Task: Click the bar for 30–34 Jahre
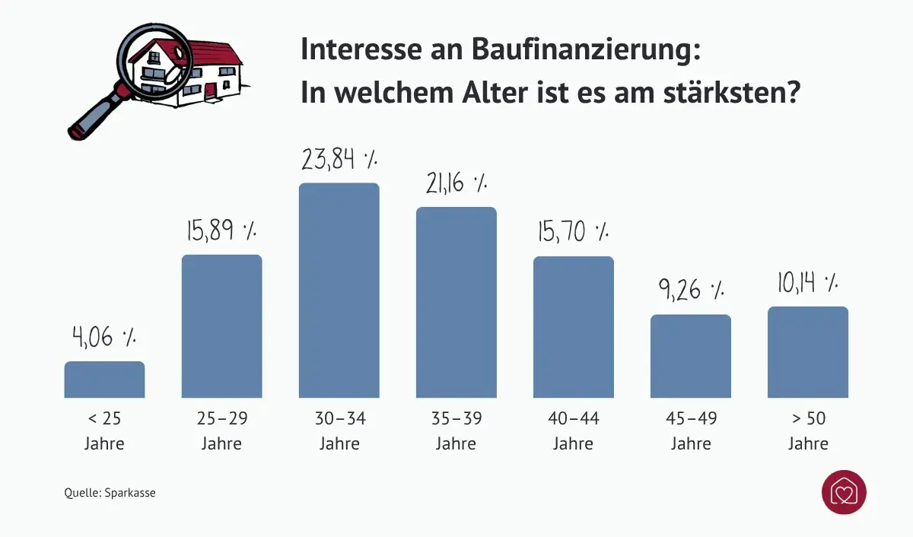[x=339, y=291]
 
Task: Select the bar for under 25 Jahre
[x=104, y=380]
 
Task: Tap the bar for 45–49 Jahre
[x=690, y=356]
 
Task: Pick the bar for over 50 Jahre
[x=807, y=352]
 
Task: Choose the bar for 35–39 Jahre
[x=456, y=303]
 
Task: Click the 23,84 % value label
[x=339, y=160]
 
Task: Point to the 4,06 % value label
[x=104, y=336]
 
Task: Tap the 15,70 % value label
[x=572, y=231]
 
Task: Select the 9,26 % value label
[x=690, y=290]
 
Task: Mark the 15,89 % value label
[x=221, y=230]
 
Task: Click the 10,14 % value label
[x=807, y=283]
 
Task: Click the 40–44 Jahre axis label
[x=573, y=431]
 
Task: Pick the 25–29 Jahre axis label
[x=221, y=431]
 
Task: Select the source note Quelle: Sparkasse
[x=110, y=493]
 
